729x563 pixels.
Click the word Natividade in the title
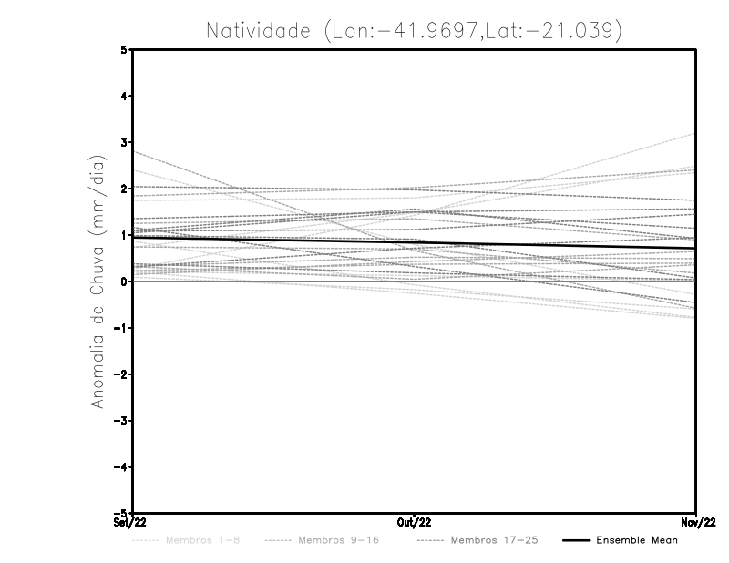[258, 30]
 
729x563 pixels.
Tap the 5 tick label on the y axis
[124, 50]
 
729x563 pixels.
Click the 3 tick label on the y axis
[124, 142]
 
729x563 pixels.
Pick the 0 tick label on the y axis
[124, 281]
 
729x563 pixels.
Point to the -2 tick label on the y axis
[120, 374]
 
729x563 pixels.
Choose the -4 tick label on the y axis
[120, 466]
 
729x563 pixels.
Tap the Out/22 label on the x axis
[415, 523]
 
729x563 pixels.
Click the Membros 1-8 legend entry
[200, 540]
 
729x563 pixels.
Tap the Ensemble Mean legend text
[637, 540]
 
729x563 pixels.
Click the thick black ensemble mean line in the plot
[273, 239]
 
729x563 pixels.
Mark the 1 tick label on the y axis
[124, 235]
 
